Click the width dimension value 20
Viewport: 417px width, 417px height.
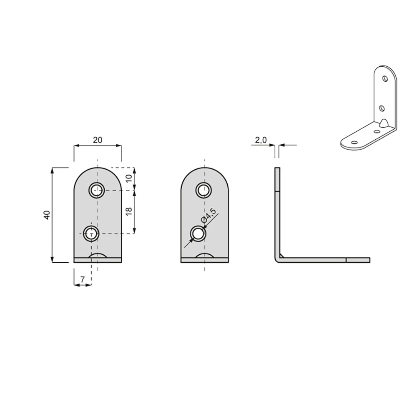point(98,140)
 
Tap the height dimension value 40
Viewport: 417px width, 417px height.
point(47,215)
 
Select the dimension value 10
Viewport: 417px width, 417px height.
point(129,178)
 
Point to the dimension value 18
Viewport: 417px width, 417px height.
point(129,211)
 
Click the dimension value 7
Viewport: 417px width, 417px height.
point(83,279)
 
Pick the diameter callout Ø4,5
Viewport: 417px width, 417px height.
point(209,216)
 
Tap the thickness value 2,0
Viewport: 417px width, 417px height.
point(261,140)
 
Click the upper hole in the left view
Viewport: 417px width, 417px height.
point(96,190)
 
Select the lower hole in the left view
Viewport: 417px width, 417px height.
point(91,234)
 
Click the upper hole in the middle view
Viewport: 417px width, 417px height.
point(204,190)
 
